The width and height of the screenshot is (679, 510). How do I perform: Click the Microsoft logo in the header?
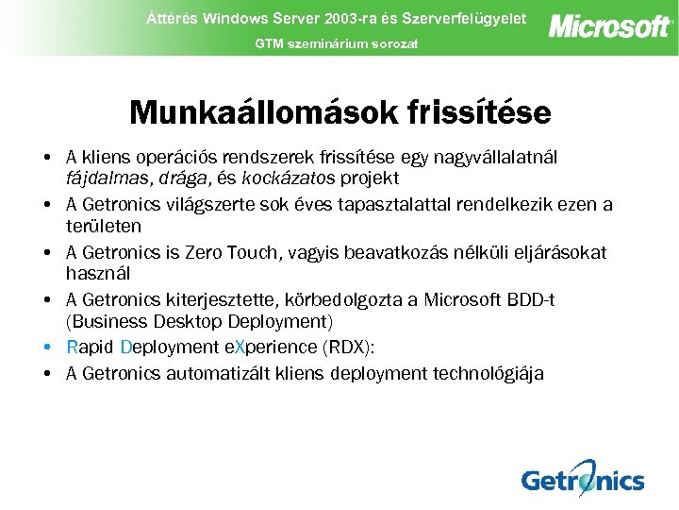coord(610,25)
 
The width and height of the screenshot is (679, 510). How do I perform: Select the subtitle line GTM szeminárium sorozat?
coord(336,44)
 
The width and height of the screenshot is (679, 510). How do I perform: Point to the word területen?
coord(104,227)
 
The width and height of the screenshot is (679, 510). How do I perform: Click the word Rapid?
coord(91,348)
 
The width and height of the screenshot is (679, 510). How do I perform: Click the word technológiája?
coord(482,374)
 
